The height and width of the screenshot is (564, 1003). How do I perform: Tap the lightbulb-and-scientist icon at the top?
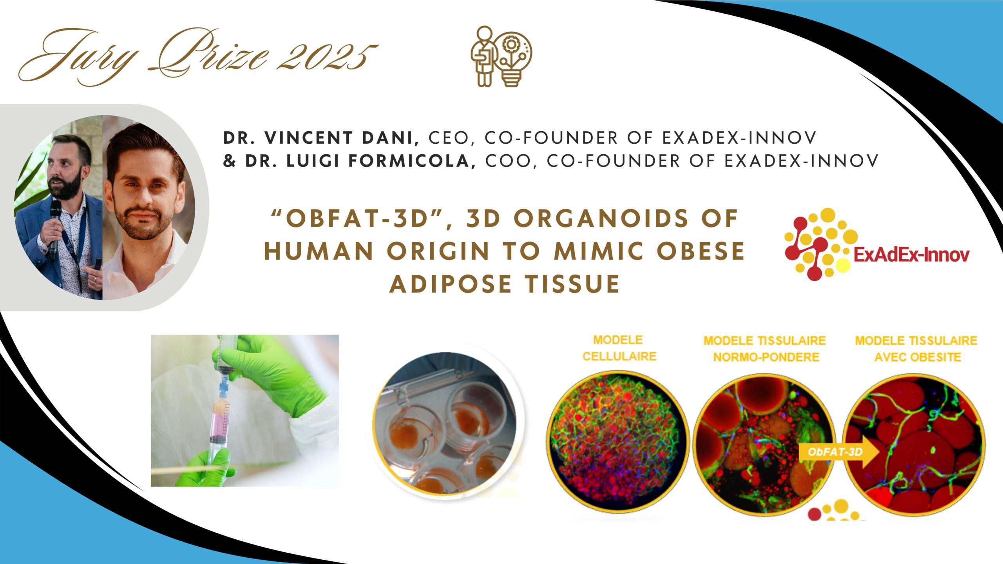[x=501, y=56]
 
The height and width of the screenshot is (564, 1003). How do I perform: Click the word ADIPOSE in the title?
[x=451, y=284]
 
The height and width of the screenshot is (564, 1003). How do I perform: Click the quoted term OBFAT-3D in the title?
[x=357, y=218]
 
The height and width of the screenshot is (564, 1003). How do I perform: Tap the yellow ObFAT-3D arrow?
[x=838, y=452]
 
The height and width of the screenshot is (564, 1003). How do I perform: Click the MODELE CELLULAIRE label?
[x=619, y=348]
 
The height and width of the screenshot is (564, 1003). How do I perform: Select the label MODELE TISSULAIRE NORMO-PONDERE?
[x=765, y=349]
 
